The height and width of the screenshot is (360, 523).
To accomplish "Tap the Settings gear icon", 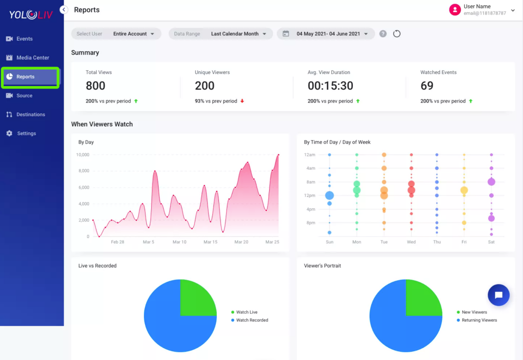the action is tap(9, 133).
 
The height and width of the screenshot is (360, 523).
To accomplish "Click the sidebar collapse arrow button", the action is tap(64, 10).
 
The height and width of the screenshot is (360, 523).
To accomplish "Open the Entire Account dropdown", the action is tap(134, 34).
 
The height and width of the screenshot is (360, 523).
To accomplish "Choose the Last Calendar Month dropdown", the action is tap(238, 34).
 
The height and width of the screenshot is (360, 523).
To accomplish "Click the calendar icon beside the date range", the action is tap(286, 34).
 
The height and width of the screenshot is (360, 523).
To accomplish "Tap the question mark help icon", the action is tap(383, 34).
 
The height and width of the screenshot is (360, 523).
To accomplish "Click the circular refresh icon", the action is tap(397, 34).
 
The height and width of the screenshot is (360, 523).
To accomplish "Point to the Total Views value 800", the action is tap(96, 86).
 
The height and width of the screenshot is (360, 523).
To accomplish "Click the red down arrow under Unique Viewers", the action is tap(242, 101).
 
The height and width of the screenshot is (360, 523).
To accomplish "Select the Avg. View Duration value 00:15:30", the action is tap(331, 86).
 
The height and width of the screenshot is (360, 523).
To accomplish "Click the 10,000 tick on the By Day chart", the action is tap(83, 155).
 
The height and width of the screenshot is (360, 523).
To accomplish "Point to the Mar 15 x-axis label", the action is tap(210, 242).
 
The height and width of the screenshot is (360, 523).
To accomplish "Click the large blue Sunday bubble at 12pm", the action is tap(329, 195).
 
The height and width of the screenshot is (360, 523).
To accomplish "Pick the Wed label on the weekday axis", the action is tap(411, 242).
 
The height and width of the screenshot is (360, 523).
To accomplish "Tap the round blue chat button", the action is tap(499, 295).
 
